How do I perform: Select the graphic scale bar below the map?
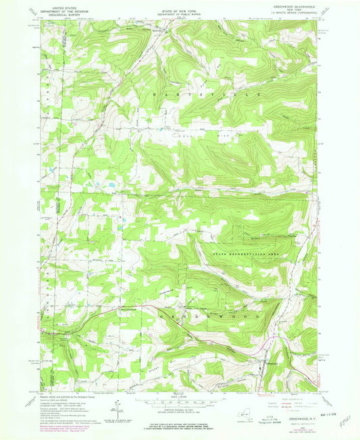tap(178, 401)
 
